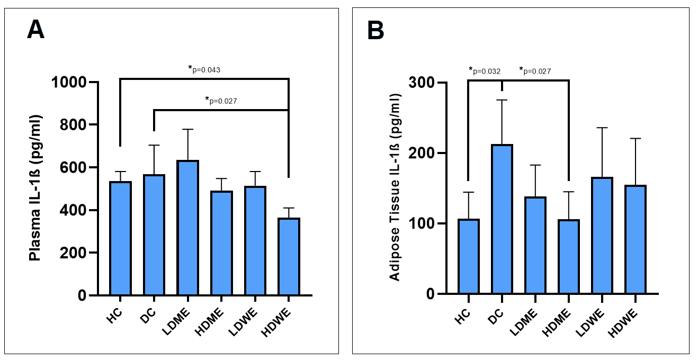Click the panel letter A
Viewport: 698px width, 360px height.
click(36, 30)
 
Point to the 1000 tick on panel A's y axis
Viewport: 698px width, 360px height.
click(73, 83)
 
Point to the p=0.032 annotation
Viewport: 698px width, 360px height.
click(485, 70)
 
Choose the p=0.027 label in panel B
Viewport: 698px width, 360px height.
click(535, 70)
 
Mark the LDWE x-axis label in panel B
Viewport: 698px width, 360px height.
click(596, 319)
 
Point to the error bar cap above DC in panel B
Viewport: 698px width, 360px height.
click(502, 100)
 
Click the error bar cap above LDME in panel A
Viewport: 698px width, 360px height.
click(187, 129)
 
